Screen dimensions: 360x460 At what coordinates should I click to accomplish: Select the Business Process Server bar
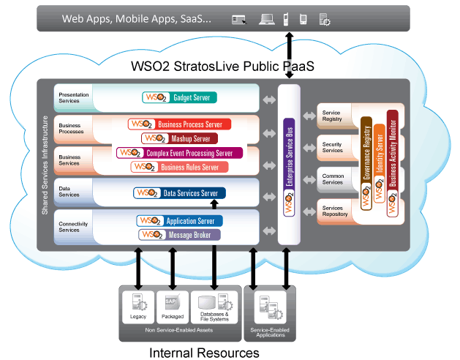point(180,124)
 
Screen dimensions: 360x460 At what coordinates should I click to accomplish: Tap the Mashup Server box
point(180,138)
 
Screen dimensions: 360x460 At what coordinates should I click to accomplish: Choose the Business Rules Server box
point(179,167)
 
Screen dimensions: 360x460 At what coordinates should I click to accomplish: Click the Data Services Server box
point(180,193)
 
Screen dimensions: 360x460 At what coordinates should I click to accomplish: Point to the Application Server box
point(180,221)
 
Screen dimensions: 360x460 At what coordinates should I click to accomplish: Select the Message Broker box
point(180,234)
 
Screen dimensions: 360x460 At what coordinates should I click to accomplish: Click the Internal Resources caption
point(204,353)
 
